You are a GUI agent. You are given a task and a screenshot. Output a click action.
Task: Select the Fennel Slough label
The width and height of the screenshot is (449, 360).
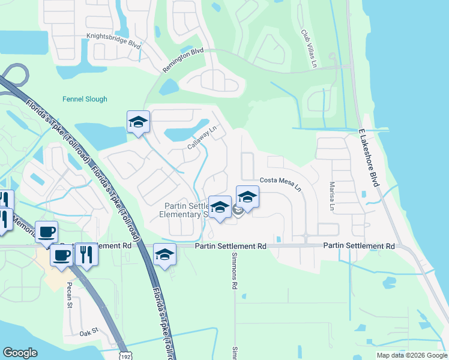(x=85, y=99)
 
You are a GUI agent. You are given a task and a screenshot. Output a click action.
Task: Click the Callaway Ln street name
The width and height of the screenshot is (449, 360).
(x=201, y=137)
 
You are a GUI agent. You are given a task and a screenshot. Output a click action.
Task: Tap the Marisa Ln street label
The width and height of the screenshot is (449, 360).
(x=331, y=196)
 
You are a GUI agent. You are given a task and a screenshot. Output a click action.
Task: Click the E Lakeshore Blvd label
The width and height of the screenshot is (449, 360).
(x=368, y=157)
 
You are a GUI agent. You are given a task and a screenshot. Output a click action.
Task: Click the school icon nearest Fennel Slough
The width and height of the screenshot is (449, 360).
(x=138, y=122)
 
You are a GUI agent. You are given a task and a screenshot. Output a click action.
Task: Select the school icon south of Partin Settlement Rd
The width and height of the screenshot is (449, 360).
(x=164, y=254)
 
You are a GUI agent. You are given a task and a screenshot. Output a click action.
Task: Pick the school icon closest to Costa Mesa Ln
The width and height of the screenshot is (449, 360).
(x=247, y=196)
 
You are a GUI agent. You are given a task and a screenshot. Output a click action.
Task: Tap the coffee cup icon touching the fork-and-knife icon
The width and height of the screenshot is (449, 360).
(x=62, y=255)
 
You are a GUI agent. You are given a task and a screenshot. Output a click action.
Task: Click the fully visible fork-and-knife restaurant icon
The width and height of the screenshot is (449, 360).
(x=86, y=254)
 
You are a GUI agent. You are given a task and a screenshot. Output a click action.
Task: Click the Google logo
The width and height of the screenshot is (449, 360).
(x=20, y=353)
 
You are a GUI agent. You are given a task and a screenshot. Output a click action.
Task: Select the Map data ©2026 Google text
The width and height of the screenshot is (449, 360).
(x=412, y=355)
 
